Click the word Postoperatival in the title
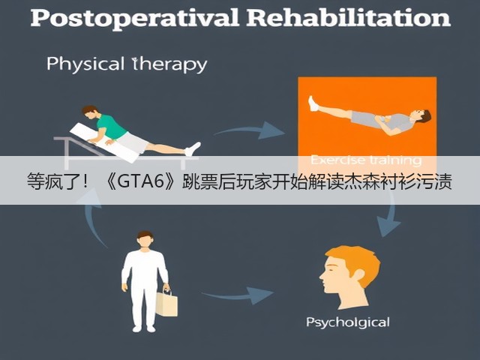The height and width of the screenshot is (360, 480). pyautogui.click(x=135, y=18)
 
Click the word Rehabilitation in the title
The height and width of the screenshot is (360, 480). pyautogui.click(x=349, y=17)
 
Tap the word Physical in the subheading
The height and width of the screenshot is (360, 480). pyautogui.click(x=85, y=64)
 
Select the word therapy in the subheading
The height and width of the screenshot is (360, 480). pyautogui.click(x=169, y=64)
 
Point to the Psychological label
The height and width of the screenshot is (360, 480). pyautogui.click(x=348, y=322)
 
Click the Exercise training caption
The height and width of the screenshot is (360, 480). pyautogui.click(x=366, y=160)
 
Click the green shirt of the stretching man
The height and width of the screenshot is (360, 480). pyautogui.click(x=110, y=127)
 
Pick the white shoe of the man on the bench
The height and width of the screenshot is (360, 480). pyautogui.click(x=193, y=149)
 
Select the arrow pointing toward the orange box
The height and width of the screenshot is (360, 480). pyautogui.click(x=250, y=130)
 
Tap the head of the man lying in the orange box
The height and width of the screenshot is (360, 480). pyautogui.click(x=421, y=116)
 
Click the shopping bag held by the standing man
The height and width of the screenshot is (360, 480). pyautogui.click(x=166, y=302)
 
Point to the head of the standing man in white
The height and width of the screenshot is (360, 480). pyautogui.click(x=145, y=239)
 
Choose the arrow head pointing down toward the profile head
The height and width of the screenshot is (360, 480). pyautogui.click(x=388, y=226)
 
